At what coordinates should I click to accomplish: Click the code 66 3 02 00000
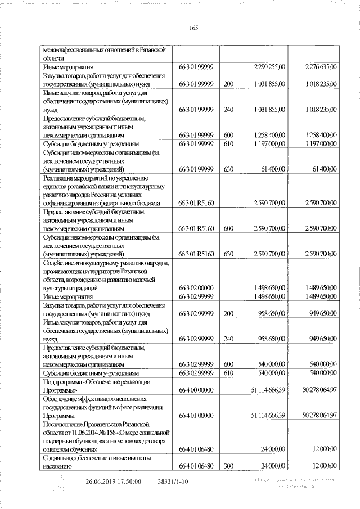(x=196, y=288)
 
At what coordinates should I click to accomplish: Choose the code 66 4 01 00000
(x=196, y=415)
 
